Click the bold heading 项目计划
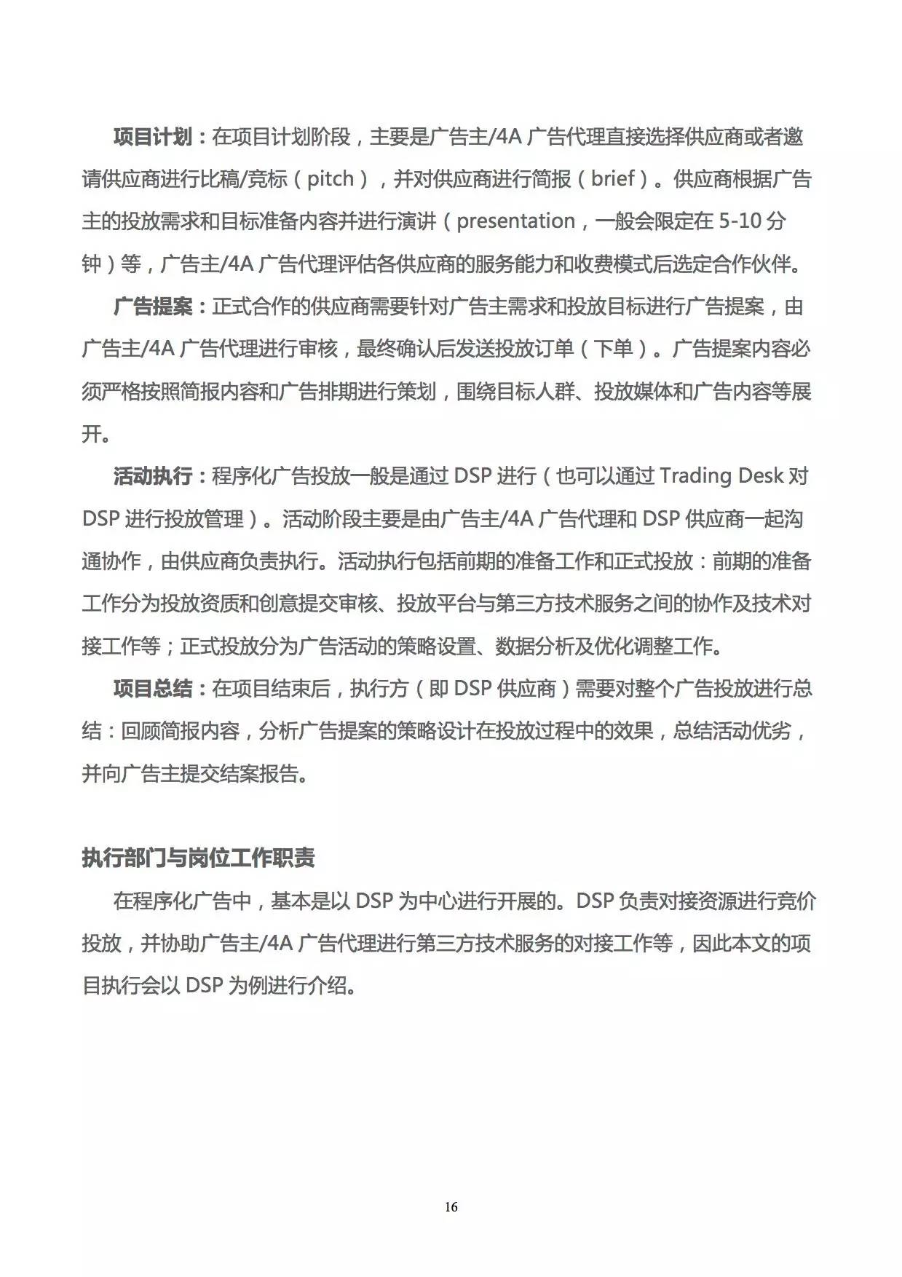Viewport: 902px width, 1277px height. (x=152, y=137)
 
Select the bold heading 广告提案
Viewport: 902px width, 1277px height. (x=152, y=307)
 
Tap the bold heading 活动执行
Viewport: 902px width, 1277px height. (x=152, y=477)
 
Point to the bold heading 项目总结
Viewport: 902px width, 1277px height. (x=152, y=689)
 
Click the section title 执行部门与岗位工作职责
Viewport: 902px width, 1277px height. (x=198, y=858)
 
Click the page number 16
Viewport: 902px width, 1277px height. (x=451, y=1207)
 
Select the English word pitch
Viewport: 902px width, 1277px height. (x=330, y=179)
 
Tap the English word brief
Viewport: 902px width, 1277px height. (x=612, y=179)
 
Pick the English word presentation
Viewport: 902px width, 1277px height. (x=515, y=221)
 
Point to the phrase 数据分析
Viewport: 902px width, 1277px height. (x=534, y=647)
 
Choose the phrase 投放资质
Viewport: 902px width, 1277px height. (x=199, y=604)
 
